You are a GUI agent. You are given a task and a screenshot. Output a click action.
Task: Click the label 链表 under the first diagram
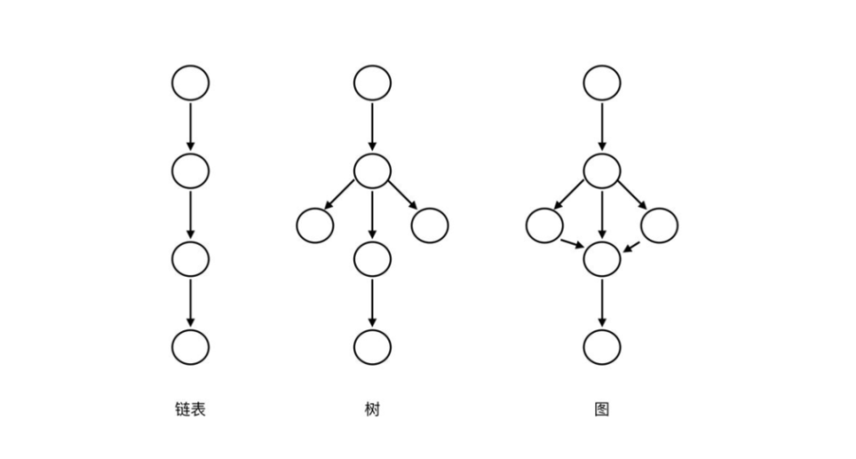(190, 410)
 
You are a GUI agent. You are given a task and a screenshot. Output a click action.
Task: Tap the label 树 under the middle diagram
(372, 410)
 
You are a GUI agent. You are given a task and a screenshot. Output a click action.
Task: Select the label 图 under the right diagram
(601, 410)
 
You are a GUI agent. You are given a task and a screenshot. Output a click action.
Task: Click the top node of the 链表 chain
(190, 83)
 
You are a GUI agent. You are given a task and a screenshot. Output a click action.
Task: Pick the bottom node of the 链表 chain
(190, 346)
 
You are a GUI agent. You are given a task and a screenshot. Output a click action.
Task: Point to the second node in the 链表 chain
(190, 170)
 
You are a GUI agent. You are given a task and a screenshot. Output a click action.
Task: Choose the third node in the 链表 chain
(190, 258)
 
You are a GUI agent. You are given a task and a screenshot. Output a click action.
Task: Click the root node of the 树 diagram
(372, 83)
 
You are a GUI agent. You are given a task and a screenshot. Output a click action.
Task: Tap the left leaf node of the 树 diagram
(315, 226)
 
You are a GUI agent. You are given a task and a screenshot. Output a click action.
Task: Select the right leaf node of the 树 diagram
(430, 226)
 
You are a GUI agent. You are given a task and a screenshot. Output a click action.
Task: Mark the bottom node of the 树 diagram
(372, 346)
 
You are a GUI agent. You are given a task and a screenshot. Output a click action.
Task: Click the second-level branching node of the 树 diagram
(372, 170)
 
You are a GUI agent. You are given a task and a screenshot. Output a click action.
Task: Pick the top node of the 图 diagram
(601, 83)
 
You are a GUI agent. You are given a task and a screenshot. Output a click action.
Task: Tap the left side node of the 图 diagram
(544, 226)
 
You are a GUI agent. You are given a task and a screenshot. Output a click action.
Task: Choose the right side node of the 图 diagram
(660, 226)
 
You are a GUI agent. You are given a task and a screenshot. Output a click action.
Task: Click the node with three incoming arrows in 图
(601, 258)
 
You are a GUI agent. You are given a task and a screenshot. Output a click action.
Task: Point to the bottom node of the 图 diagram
(601, 346)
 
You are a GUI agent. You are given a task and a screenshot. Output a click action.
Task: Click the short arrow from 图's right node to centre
(632, 244)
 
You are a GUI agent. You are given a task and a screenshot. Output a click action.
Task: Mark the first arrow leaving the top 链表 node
(190, 126)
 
